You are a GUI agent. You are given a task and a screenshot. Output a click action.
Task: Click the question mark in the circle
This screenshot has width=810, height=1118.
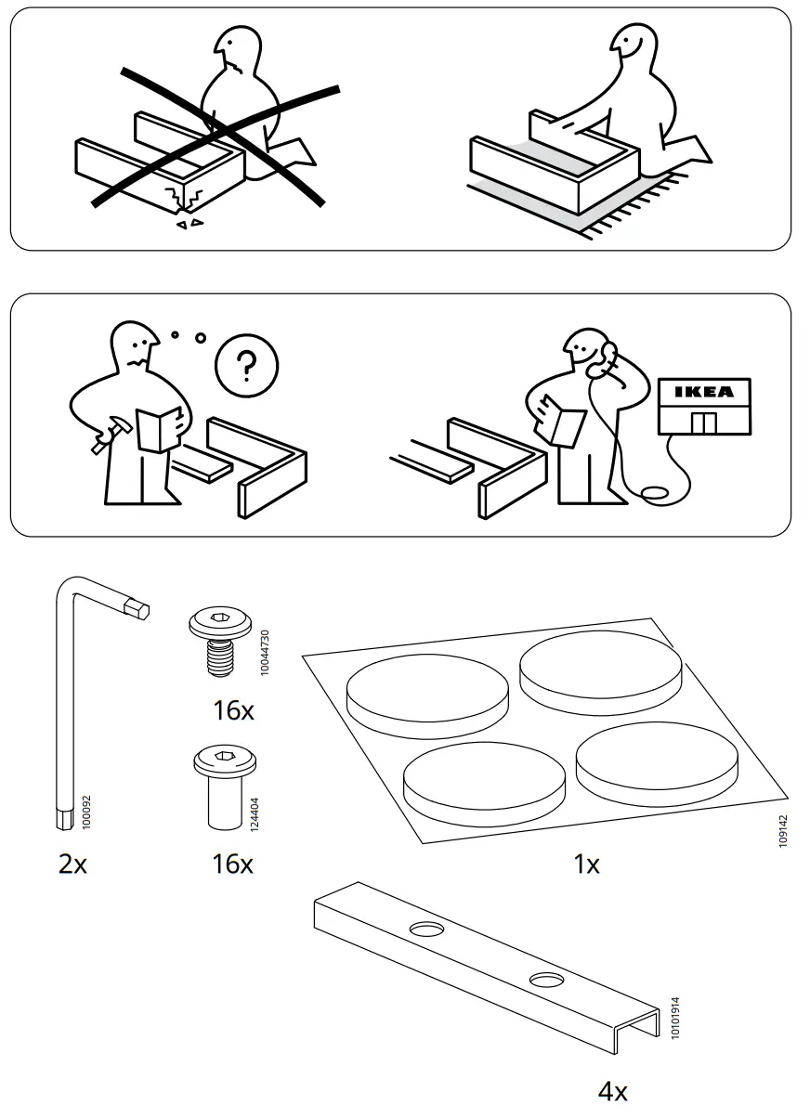tap(246, 367)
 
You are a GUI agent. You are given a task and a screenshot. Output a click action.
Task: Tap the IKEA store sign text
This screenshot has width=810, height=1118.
tap(703, 392)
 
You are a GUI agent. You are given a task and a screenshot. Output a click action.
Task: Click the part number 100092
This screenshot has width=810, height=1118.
tap(86, 811)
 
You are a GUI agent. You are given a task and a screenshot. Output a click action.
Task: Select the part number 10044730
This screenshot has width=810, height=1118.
tap(265, 651)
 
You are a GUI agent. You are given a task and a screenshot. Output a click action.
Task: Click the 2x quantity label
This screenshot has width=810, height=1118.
tap(72, 864)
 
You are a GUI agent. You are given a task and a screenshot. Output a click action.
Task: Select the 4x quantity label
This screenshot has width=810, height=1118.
tap(612, 1090)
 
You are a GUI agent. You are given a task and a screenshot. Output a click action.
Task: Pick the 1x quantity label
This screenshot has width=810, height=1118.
tap(586, 864)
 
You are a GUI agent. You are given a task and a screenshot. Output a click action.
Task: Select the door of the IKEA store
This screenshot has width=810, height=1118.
tap(705, 422)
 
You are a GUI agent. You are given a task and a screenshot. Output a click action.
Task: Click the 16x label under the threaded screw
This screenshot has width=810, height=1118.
tap(232, 711)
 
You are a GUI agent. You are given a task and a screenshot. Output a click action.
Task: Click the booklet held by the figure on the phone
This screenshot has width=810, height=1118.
tap(565, 421)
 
